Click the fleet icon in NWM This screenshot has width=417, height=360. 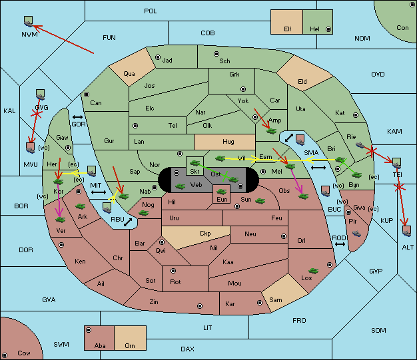click(28, 21)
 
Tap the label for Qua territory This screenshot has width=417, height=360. click(129, 74)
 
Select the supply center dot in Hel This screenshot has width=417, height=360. click(328, 29)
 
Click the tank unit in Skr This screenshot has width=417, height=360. click(195, 162)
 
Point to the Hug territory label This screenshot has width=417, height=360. click(228, 142)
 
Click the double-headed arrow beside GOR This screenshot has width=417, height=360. click(77, 117)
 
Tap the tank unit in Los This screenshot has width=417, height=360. click(314, 271)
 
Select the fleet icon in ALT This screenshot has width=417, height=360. click(407, 231)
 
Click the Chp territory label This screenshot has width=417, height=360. click(205, 234)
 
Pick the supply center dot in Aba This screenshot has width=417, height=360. click(89, 330)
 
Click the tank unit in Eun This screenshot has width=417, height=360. click(222, 191)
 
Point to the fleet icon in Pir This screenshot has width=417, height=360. click(356, 234)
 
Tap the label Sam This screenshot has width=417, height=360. click(276, 300)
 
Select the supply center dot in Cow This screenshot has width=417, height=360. click(5, 355)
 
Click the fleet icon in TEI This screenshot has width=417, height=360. click(397, 163)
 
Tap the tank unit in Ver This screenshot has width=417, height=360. click(61, 220)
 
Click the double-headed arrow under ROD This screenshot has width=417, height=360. click(340, 244)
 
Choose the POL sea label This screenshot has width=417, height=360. click(151, 11)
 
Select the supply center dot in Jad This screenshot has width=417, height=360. click(158, 57)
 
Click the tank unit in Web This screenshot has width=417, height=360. click(180, 186)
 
